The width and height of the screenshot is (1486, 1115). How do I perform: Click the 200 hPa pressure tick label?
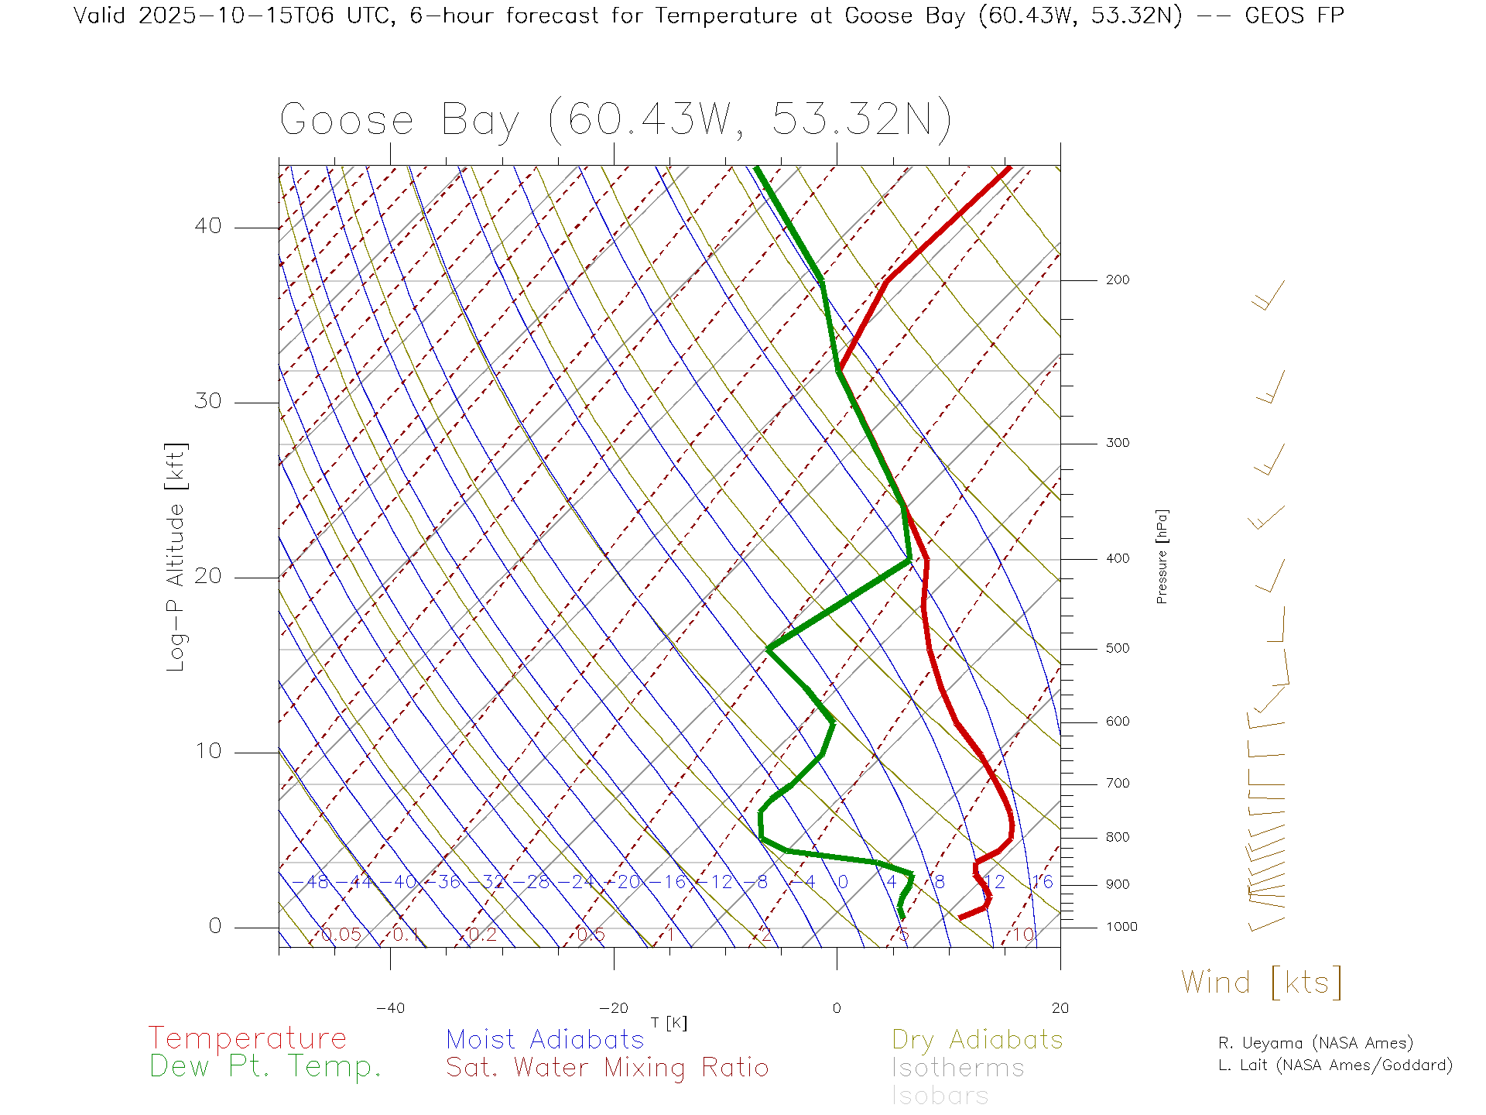(1117, 280)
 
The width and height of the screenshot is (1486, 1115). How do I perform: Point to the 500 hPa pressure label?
(1117, 648)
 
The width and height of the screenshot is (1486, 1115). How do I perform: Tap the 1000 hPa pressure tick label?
(1121, 927)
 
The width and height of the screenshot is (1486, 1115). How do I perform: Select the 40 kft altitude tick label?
(207, 226)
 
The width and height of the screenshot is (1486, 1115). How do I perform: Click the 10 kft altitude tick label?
(207, 751)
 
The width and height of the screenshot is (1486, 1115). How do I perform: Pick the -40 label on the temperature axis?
(390, 1008)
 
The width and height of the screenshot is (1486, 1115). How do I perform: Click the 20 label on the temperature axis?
(1060, 1008)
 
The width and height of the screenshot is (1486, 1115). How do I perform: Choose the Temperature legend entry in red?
(248, 1038)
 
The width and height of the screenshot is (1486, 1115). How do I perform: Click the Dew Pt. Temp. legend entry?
(265, 1067)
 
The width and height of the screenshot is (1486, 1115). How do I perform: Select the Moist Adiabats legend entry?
(545, 1039)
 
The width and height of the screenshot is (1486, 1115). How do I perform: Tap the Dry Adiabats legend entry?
(978, 1039)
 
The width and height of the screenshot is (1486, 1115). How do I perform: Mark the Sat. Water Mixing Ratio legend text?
(607, 1067)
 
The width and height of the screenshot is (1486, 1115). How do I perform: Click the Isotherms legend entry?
(957, 1068)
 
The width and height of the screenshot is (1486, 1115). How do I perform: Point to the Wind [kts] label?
(1261, 983)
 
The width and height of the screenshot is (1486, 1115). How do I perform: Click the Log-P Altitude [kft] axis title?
(176, 557)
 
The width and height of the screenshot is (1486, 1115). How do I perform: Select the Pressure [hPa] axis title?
(1162, 556)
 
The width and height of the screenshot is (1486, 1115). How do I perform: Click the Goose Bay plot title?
(615, 120)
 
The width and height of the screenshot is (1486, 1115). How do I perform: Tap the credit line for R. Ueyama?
(1315, 1043)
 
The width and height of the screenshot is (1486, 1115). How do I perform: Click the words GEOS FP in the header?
(1294, 15)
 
